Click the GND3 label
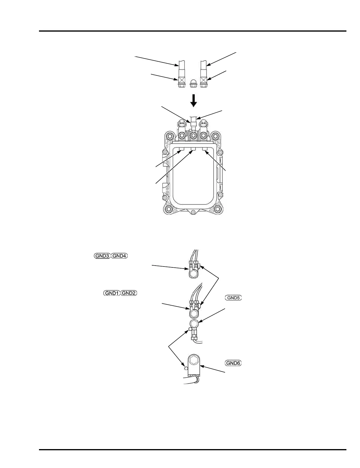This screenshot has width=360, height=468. pyautogui.click(x=102, y=256)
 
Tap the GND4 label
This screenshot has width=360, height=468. pyautogui.click(x=119, y=256)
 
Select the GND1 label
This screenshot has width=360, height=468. pyautogui.click(x=112, y=293)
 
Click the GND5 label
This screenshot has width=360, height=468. pyautogui.click(x=233, y=298)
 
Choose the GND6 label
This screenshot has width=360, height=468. pyautogui.click(x=233, y=363)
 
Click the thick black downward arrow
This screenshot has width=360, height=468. pyautogui.click(x=193, y=100)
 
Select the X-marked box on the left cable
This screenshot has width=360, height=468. pyautogui.click(x=182, y=80)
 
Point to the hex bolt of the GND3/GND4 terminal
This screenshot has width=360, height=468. pyautogui.click(x=193, y=274)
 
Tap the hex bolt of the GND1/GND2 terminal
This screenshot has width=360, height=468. pyautogui.click(x=194, y=313)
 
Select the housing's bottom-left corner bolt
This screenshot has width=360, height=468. pyautogui.click(x=169, y=209)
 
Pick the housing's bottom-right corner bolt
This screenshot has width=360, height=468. pyautogui.click(x=218, y=209)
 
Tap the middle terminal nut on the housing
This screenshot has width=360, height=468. pyautogui.click(x=193, y=136)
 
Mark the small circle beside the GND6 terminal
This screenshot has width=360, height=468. pyautogui.click(x=186, y=368)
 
